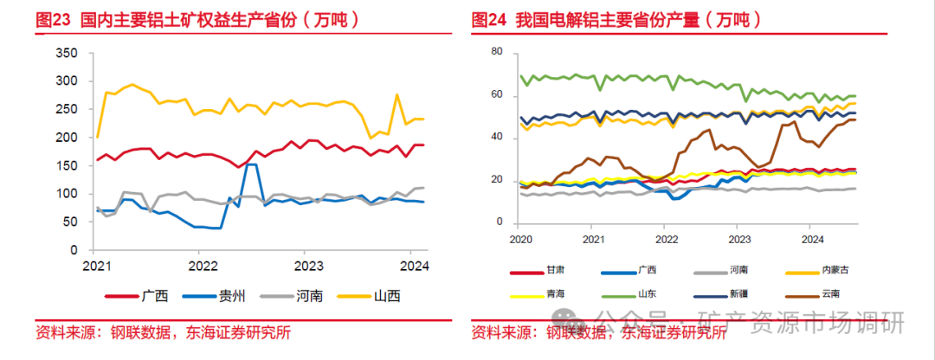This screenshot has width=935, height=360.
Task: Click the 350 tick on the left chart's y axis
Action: click(x=67, y=53)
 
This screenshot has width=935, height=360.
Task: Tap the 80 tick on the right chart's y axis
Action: click(x=496, y=52)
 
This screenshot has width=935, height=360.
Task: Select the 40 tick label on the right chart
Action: click(x=496, y=138)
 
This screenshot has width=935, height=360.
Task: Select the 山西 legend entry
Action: click(x=387, y=296)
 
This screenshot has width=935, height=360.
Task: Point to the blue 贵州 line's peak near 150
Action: click(x=249, y=164)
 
